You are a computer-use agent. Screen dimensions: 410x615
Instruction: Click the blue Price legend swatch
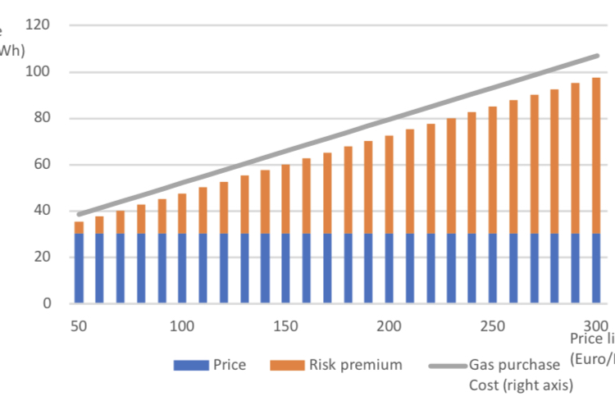click(x=191, y=365)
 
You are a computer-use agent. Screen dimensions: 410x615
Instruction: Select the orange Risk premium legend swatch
click(x=286, y=365)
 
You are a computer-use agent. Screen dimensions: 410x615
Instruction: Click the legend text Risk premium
click(x=355, y=365)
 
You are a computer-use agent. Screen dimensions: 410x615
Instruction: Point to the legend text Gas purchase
click(x=514, y=365)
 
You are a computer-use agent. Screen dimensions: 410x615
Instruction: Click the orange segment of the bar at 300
click(x=596, y=156)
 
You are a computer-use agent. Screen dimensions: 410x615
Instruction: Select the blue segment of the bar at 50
click(x=80, y=269)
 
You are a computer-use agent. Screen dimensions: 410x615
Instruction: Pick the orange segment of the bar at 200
click(x=389, y=184)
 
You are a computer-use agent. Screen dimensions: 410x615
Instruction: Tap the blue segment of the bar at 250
click(x=493, y=269)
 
